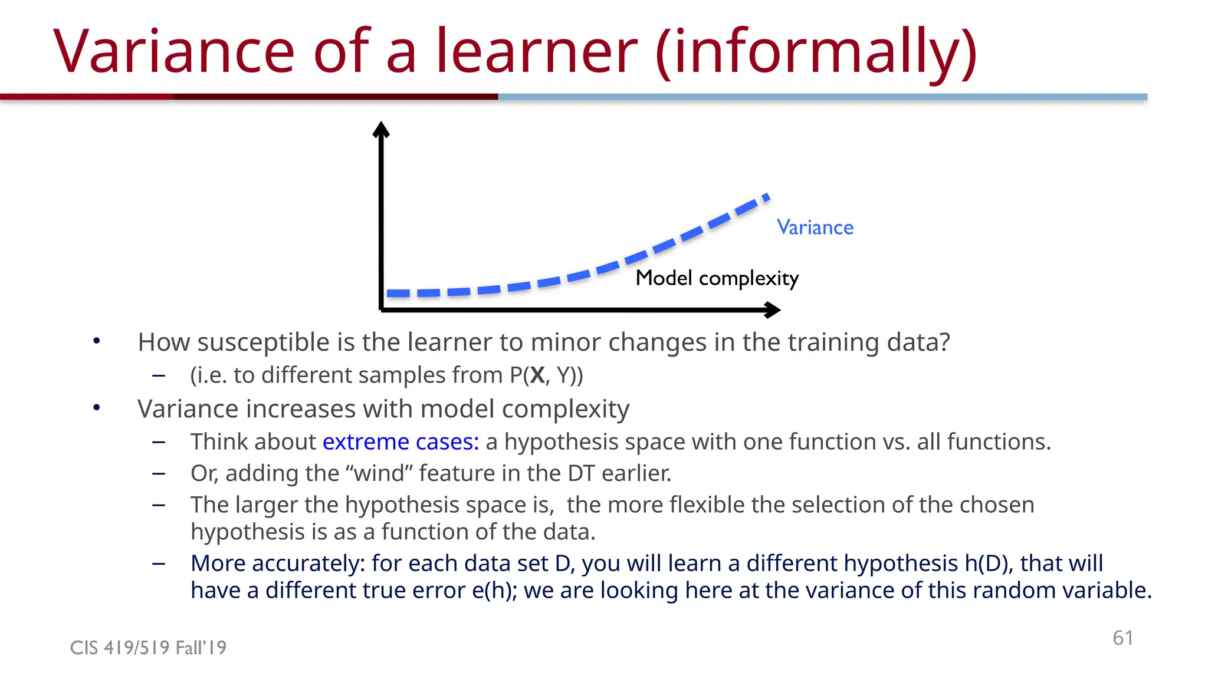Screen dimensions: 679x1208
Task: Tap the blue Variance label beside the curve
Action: [x=815, y=228]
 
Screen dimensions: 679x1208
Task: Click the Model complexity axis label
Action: [x=717, y=278]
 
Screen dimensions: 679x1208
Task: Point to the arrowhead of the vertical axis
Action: [x=381, y=128]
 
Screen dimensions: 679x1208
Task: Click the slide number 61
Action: [x=1122, y=638]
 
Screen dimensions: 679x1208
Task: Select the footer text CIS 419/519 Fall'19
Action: [x=148, y=648]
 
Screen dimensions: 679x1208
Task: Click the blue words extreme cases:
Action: [x=401, y=442]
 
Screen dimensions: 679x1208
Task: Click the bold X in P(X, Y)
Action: [x=537, y=375]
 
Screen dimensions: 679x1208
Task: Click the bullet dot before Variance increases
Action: [x=97, y=408]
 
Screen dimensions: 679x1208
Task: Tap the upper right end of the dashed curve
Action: [x=766, y=197]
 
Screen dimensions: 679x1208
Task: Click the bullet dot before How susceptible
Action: [x=97, y=341]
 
